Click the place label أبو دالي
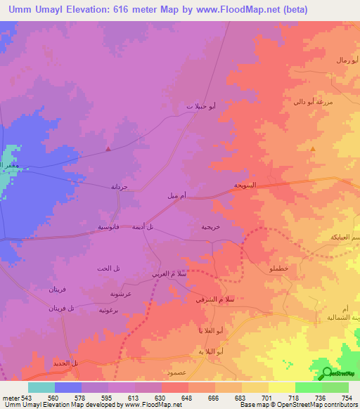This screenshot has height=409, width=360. [x=308, y=102]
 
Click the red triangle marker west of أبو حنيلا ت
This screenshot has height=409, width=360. [x=108, y=148]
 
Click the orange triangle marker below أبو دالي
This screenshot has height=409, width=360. [x=313, y=148]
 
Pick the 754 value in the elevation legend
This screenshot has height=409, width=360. [x=347, y=396]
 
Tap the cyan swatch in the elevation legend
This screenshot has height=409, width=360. [x=41, y=387]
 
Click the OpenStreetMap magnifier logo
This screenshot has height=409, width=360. [x=326, y=374]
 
